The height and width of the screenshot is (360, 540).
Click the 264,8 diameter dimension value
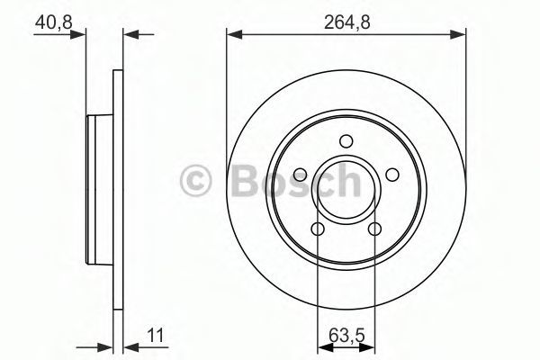[346, 22]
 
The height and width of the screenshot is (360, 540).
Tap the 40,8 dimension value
[54, 22]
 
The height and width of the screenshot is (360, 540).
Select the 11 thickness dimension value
[156, 335]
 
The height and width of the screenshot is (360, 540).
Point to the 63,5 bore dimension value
[346, 335]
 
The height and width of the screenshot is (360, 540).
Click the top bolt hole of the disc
[346, 141]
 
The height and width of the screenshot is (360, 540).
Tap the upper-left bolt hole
[301, 175]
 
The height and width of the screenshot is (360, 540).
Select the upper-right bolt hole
[391, 175]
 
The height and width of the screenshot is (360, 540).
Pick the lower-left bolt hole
[318, 229]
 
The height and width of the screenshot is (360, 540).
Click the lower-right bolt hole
[374, 229]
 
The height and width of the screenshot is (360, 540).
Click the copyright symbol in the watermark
[195, 180]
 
